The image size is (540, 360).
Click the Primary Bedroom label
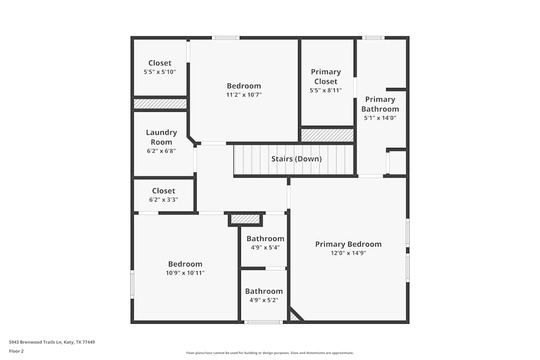point(348,244)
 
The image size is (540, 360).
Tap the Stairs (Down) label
point(296,159)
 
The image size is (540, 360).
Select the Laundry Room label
point(161,137)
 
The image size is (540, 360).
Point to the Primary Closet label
point(326,77)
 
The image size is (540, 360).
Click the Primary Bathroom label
point(380,104)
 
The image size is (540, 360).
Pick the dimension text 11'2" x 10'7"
point(244,95)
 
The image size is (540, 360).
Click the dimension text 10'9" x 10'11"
point(185,273)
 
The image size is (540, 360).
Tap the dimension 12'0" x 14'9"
point(348,253)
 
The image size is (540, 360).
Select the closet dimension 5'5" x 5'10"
point(160,72)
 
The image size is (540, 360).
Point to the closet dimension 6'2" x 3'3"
point(164,200)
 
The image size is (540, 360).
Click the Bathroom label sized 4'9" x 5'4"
point(265,239)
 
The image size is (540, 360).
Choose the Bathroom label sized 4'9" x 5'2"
point(264,291)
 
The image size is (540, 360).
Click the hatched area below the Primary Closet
point(327,135)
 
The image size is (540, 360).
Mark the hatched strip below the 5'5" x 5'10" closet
point(160,104)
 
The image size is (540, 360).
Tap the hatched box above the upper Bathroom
point(245,219)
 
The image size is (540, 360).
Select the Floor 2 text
point(16,351)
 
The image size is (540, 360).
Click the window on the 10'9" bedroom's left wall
point(132,284)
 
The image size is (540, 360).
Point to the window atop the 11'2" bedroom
point(225,38)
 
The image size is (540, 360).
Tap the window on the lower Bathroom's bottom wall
point(263,322)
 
